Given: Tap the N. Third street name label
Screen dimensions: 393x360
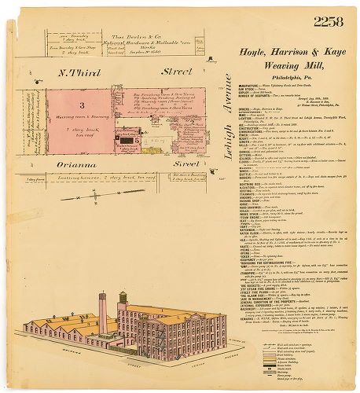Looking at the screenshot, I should (x=76, y=72).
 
